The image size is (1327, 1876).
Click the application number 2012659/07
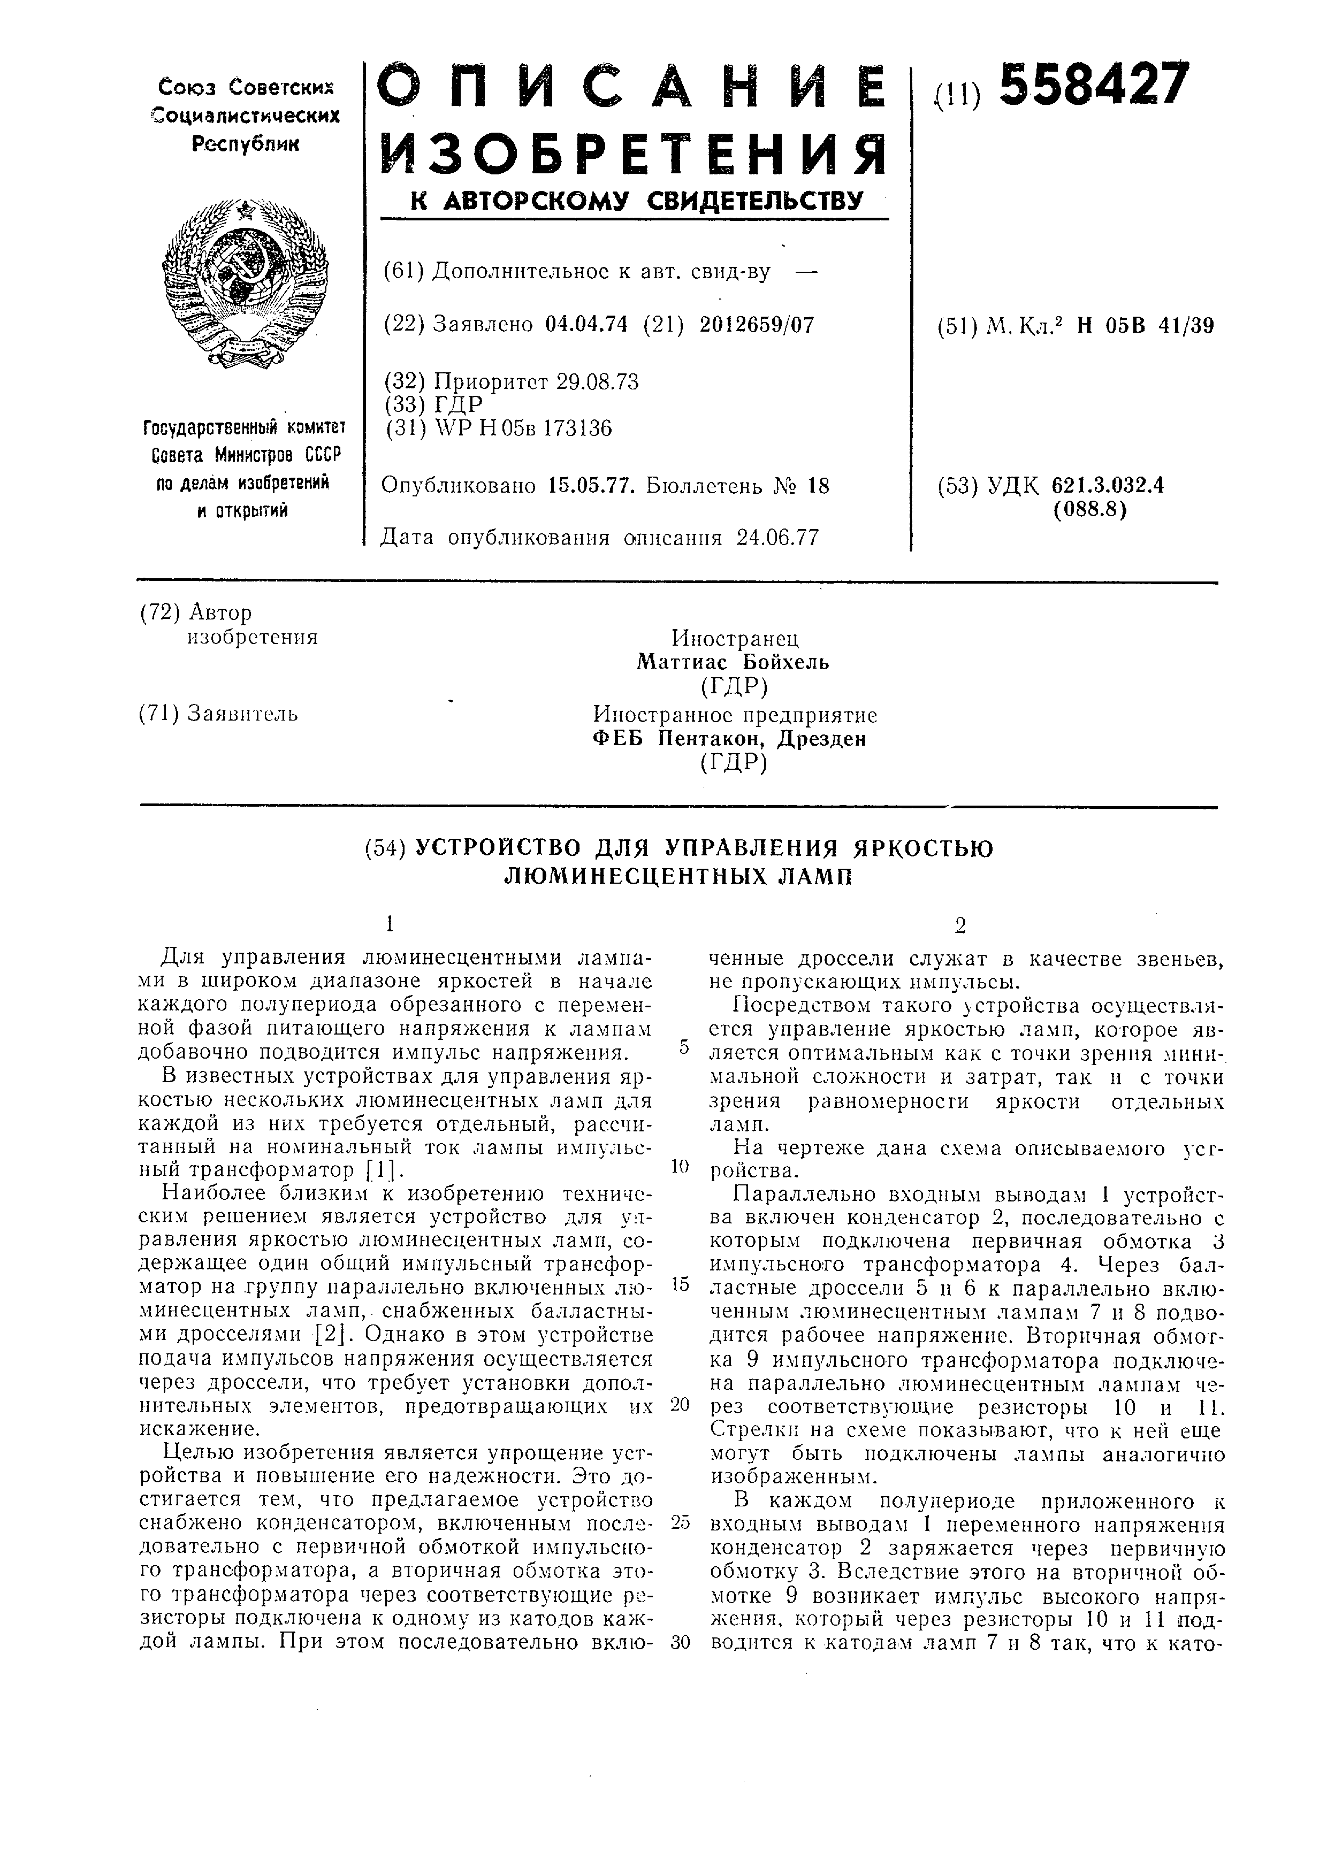pos(757,324)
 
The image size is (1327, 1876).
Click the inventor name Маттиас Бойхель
pos(733,662)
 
